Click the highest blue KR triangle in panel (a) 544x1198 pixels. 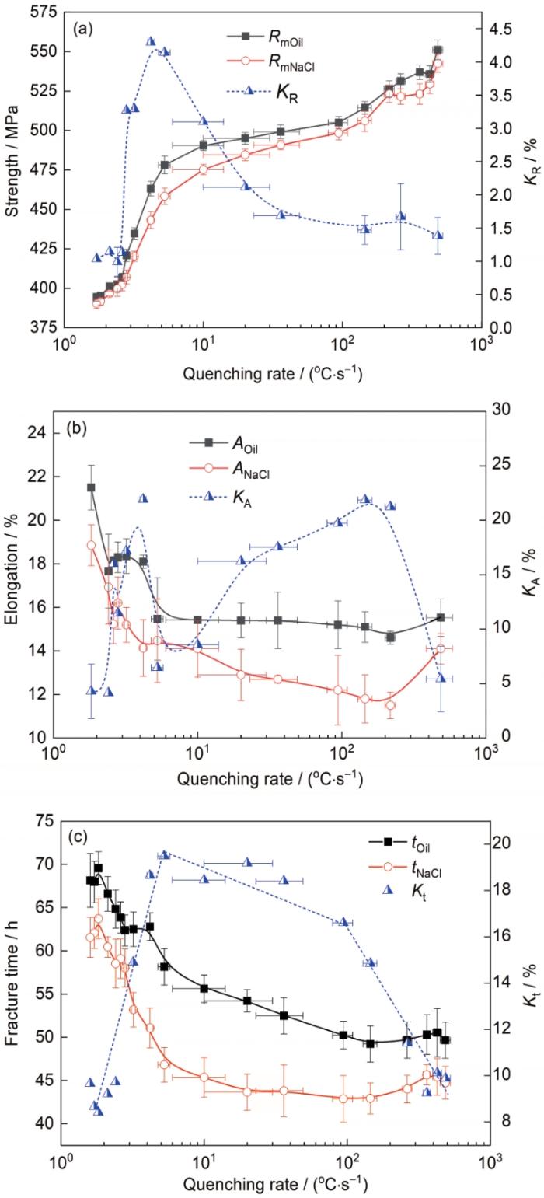pyautogui.click(x=151, y=41)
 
